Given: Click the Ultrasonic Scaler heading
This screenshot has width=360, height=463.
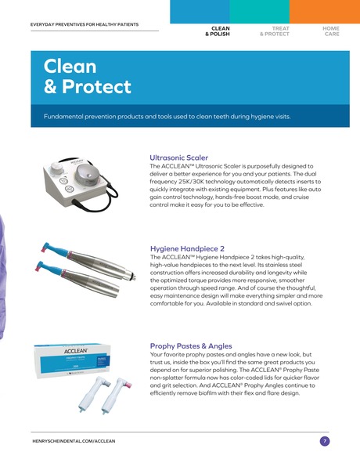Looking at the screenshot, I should pyautogui.click(x=178, y=157).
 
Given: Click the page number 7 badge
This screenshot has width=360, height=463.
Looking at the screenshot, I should pyautogui.click(x=324, y=441).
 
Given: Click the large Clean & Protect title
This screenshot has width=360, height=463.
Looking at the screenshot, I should pyautogui.click(x=88, y=76).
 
